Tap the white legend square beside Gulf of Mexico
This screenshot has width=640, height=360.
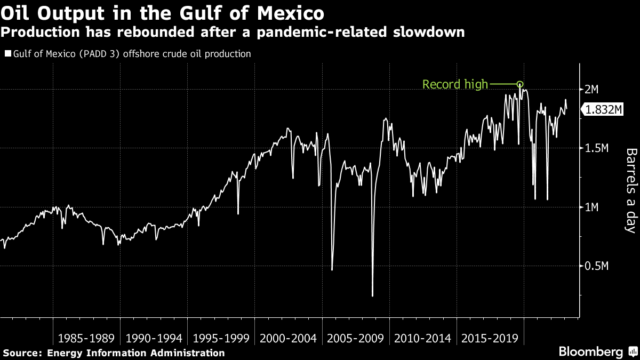(x=7, y=54)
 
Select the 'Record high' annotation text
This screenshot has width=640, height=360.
(x=455, y=84)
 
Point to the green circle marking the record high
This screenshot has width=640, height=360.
(x=520, y=84)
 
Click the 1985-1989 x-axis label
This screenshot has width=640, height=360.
(x=86, y=339)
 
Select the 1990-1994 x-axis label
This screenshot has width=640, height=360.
(x=154, y=339)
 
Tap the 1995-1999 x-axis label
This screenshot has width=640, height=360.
(x=221, y=339)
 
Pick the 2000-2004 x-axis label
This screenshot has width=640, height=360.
(x=288, y=339)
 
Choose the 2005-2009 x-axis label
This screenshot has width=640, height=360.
(x=355, y=339)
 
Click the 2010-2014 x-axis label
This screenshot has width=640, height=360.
(x=422, y=339)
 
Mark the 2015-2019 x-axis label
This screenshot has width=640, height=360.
(x=490, y=339)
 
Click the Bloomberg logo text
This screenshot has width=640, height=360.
(x=590, y=352)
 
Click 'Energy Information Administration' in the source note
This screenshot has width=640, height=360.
(x=136, y=353)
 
